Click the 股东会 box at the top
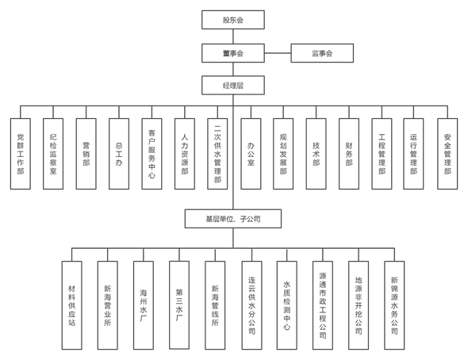tap(233, 20)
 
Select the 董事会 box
tap(233, 53)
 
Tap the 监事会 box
tap(322, 53)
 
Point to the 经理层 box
tap(233, 86)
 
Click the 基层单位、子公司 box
tap(233, 219)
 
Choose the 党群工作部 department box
tap(21, 154)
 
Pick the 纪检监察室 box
tap(53, 154)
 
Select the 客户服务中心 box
tap(152, 154)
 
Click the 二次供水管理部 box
tap(217, 154)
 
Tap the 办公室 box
tap(251, 154)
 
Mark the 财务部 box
tap(349, 154)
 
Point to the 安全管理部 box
tap(447, 154)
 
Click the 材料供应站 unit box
tap(72, 305)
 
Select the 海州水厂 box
tap(144, 305)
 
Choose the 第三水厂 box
tap(179, 305)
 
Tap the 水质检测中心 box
tap(287, 305)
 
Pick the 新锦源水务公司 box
tap(394, 305)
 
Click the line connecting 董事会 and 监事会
tap(278, 53)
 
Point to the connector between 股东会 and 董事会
tap(233, 36)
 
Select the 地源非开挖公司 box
tap(359, 305)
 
